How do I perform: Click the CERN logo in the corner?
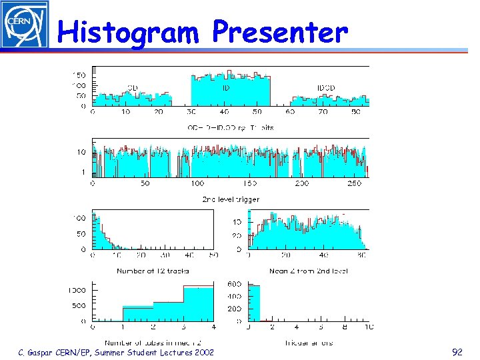[x=25, y=25]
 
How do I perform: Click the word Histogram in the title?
[x=128, y=31]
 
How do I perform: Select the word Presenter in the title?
[x=280, y=31]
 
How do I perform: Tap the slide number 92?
[x=457, y=352]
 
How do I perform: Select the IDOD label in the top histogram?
[x=326, y=87]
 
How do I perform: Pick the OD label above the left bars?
[x=133, y=87]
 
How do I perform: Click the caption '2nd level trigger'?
[x=231, y=199]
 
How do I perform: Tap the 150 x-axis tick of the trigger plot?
[x=249, y=183]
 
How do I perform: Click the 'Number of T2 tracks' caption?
[x=153, y=271]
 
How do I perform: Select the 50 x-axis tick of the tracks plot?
[x=213, y=255]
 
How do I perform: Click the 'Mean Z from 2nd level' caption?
[x=308, y=271]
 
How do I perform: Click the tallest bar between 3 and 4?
[x=199, y=304]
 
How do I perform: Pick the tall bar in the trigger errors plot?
[x=254, y=303]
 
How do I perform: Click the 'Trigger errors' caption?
[x=308, y=343]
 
